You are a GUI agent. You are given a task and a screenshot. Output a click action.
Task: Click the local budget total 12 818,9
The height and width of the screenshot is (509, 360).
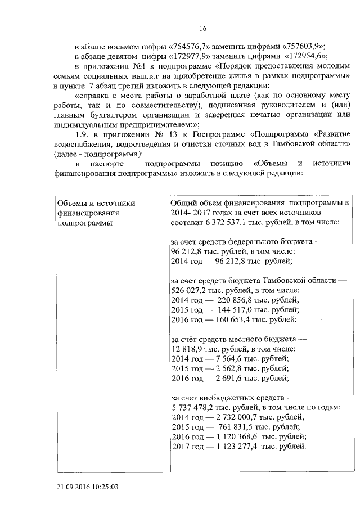coord(186,349)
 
